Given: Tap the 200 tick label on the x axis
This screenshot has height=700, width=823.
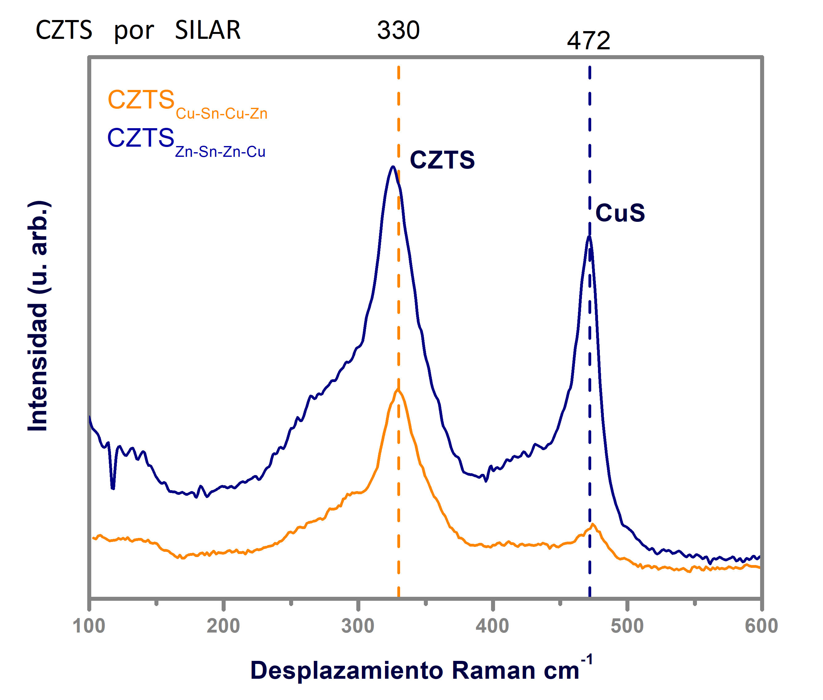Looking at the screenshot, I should (x=223, y=626).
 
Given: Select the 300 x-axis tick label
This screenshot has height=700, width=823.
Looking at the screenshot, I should (x=358, y=626).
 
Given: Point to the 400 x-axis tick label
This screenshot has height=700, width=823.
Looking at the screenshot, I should (x=492, y=626).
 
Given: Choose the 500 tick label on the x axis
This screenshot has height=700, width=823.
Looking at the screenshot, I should (x=627, y=626).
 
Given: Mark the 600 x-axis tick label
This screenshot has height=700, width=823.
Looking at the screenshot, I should (x=761, y=626).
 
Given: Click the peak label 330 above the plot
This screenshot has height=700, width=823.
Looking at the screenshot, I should (x=398, y=30).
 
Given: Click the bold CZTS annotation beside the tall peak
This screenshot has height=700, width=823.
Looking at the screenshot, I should (x=442, y=160).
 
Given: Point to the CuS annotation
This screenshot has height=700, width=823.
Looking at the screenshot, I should (x=620, y=213).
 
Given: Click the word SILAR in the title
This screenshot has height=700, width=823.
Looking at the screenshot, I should (x=208, y=30).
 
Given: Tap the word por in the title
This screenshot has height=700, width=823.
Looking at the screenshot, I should (x=134, y=31).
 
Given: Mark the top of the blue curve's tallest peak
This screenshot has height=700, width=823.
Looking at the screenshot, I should (x=393, y=167).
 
